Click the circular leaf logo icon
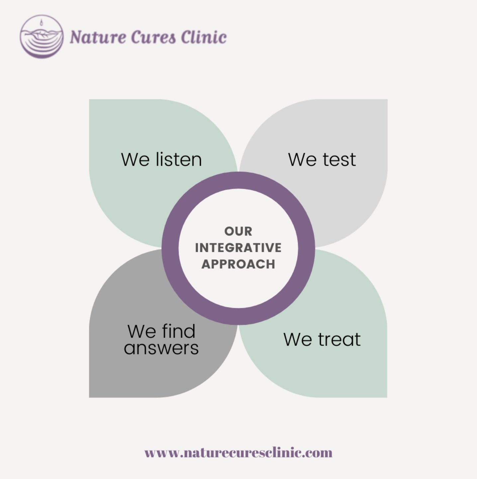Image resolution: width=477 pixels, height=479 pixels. (42, 37)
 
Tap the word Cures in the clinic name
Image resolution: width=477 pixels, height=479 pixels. (153, 37)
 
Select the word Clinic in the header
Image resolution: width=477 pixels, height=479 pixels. (204, 37)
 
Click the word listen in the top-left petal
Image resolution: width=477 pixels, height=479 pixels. (179, 159)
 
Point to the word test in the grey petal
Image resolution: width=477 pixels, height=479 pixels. (339, 159)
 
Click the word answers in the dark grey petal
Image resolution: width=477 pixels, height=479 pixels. (161, 348)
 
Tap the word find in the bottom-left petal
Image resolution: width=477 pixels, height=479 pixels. (179, 331)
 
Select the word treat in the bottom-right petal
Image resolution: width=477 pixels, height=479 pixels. (339, 339)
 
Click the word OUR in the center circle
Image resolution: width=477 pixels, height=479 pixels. (238, 231)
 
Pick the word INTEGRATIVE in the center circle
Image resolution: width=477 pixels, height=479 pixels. (238, 248)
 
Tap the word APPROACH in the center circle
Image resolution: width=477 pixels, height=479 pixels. (238, 264)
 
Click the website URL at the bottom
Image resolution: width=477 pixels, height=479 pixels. (238, 453)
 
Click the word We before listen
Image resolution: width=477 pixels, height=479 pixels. (135, 159)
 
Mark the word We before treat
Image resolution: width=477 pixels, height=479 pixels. (298, 339)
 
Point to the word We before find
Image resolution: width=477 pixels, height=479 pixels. (142, 331)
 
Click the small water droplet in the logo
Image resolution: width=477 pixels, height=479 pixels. (41, 23)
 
